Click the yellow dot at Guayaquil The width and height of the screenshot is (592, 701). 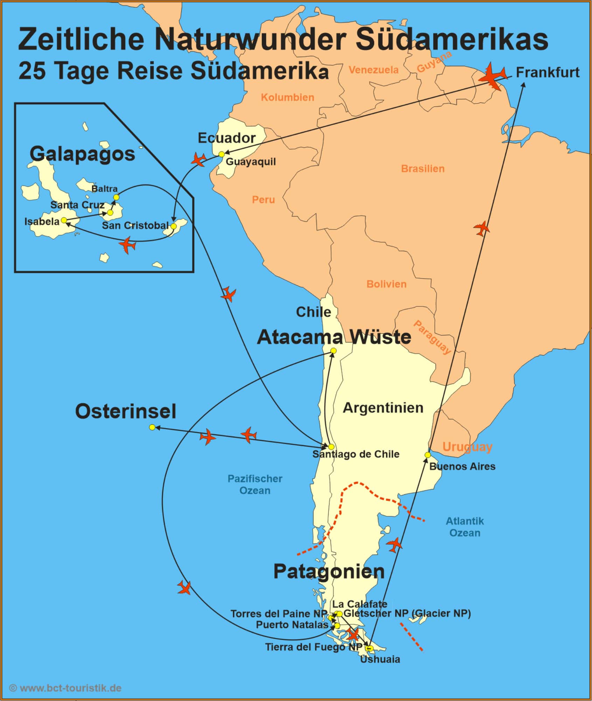coord(221,154)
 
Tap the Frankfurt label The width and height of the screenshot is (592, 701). coord(548,72)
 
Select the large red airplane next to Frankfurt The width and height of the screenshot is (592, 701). coord(492,76)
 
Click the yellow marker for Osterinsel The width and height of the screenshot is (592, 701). coord(152,427)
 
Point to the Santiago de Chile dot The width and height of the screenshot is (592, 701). coord(331,447)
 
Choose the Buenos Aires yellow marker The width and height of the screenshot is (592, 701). coord(427,455)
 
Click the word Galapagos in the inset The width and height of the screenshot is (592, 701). coord(82,154)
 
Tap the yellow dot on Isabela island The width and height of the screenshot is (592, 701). coord(64,220)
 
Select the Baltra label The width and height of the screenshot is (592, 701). coord(104,189)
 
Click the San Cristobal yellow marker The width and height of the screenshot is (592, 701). coord(173,226)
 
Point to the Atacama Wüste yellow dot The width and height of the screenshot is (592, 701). coord(334,350)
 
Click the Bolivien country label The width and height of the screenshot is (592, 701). coord(386,284)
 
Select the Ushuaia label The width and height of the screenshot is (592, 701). coord(380,659)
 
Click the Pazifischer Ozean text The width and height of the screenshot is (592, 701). coord(255,484)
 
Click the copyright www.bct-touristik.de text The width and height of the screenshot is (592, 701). coord(65,688)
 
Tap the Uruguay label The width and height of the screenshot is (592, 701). coord(467,447)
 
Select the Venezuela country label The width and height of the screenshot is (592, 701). coord(373,70)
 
